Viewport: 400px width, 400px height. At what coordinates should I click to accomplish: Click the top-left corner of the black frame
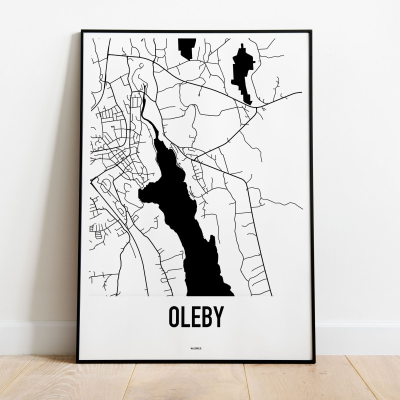coord(81,31)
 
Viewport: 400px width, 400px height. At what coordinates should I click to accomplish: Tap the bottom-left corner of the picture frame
coord(78,361)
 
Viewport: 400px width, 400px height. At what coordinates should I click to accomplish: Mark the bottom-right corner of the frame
coord(313,361)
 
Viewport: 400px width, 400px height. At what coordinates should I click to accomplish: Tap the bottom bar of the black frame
coord(195,360)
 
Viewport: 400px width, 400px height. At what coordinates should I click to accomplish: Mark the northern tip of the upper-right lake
coord(242,45)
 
